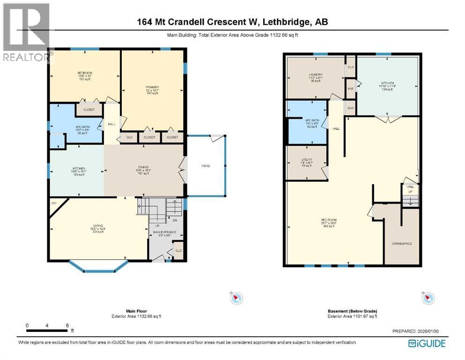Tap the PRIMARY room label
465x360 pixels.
tap(152, 87)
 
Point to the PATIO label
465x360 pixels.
tap(206, 166)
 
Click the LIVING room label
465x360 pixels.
tap(97, 228)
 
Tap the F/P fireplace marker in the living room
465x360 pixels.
tap(54, 203)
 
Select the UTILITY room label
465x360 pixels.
tap(306, 160)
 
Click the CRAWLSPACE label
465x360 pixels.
tap(401, 244)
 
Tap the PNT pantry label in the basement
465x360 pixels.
tap(350, 88)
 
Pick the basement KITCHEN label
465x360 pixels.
tap(387, 83)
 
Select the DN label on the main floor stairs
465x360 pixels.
tap(174, 220)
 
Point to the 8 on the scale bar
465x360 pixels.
tap(67, 325)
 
